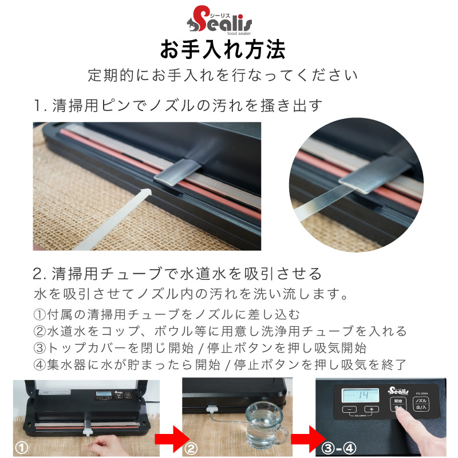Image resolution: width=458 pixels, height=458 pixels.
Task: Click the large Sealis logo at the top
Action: pos(219,20)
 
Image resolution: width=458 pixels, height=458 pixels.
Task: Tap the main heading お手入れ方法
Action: pos(223,49)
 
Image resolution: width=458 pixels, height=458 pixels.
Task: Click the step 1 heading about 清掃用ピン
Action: pos(178,105)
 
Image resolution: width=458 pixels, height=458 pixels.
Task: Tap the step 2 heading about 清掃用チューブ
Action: pos(177,274)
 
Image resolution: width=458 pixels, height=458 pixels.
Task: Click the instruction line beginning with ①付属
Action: pos(167,314)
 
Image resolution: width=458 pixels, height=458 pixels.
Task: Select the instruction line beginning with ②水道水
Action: pos(220,331)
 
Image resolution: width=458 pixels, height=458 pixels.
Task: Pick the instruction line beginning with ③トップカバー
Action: pos(200,348)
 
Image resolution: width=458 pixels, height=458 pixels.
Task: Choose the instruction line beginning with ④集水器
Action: pos(220,364)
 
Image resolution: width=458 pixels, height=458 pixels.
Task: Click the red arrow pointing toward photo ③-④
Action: pos(309,439)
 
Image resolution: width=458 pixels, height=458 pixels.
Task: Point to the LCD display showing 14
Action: pos(361,396)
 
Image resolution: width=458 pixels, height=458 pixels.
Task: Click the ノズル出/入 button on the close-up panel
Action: pos(421,404)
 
